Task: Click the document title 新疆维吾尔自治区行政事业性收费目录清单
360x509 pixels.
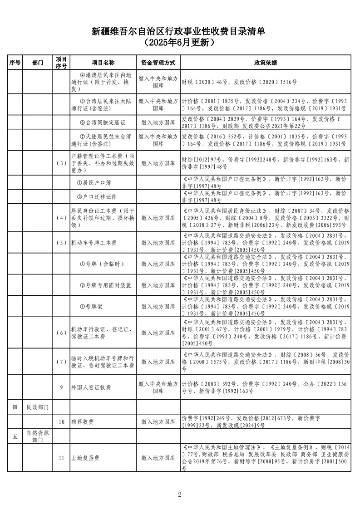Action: tap(180, 31)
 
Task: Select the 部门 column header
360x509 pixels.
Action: tap(38, 63)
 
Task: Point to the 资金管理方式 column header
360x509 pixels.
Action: tap(158, 63)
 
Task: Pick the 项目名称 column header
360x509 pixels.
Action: tap(103, 63)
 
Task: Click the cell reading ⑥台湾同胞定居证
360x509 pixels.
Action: tap(103, 122)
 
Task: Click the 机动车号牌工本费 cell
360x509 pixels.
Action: tap(94, 243)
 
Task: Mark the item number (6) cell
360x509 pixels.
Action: tap(61, 333)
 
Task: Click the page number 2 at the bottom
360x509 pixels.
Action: tap(180, 494)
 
